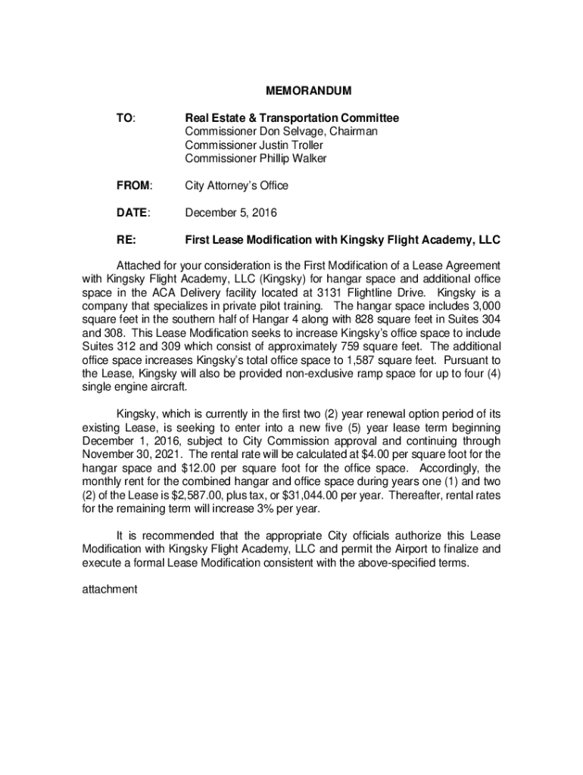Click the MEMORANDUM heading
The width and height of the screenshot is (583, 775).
tap(308, 92)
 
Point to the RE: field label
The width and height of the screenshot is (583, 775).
tap(126, 240)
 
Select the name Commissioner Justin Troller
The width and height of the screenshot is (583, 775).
tap(254, 145)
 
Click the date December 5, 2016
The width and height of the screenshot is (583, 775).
tap(231, 213)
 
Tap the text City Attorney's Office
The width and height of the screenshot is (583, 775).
tap(237, 185)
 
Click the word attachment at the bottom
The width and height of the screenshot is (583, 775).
tap(109, 588)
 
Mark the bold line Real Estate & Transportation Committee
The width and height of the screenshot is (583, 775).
tap(292, 118)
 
